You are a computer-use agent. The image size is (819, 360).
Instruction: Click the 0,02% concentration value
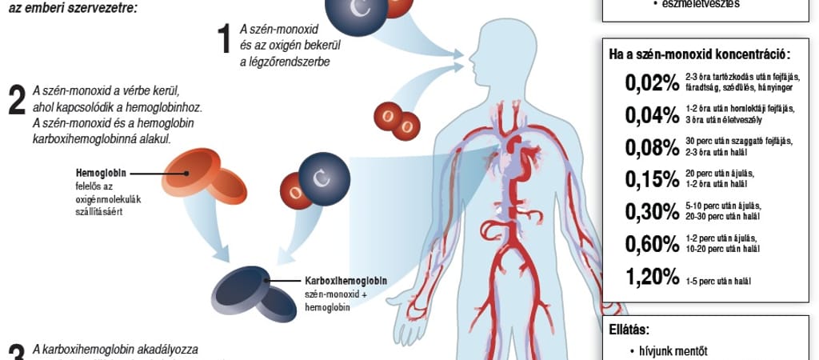pos(651,82)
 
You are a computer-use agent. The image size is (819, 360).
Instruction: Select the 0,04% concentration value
pos(651,114)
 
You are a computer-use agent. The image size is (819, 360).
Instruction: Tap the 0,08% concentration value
pos(651,147)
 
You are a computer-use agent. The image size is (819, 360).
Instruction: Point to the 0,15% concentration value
pos(651,178)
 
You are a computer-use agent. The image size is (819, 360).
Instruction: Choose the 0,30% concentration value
pos(651,211)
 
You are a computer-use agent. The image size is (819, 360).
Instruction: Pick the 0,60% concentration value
pos(651,243)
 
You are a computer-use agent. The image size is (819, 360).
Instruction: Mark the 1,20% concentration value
pos(651,277)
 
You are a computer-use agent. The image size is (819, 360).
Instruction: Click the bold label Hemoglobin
pos(99,173)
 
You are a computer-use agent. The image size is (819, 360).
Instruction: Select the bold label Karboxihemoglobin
pos(346,281)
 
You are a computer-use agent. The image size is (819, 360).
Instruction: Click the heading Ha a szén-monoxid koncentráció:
pos(699,55)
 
